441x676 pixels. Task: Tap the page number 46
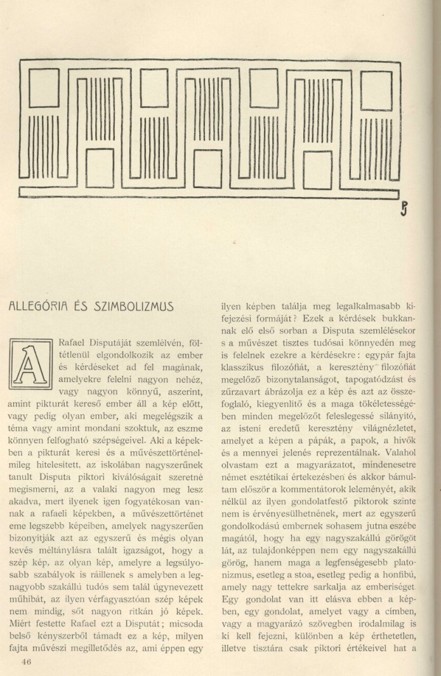point(26,661)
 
